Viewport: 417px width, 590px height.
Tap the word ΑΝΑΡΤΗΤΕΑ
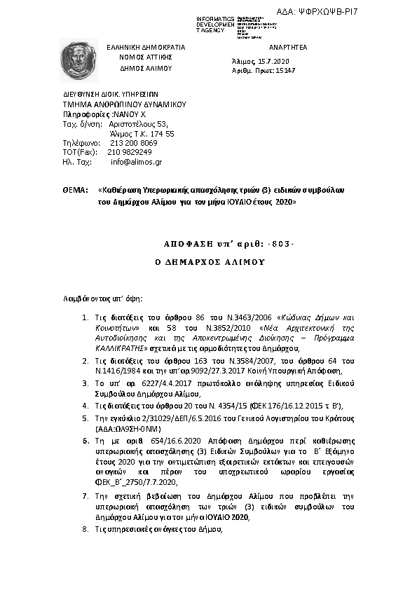pyautogui.click(x=288, y=46)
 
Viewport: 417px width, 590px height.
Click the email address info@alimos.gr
pyautogui.click(x=136, y=161)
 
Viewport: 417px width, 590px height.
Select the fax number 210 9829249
pyautogui.click(x=130, y=151)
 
